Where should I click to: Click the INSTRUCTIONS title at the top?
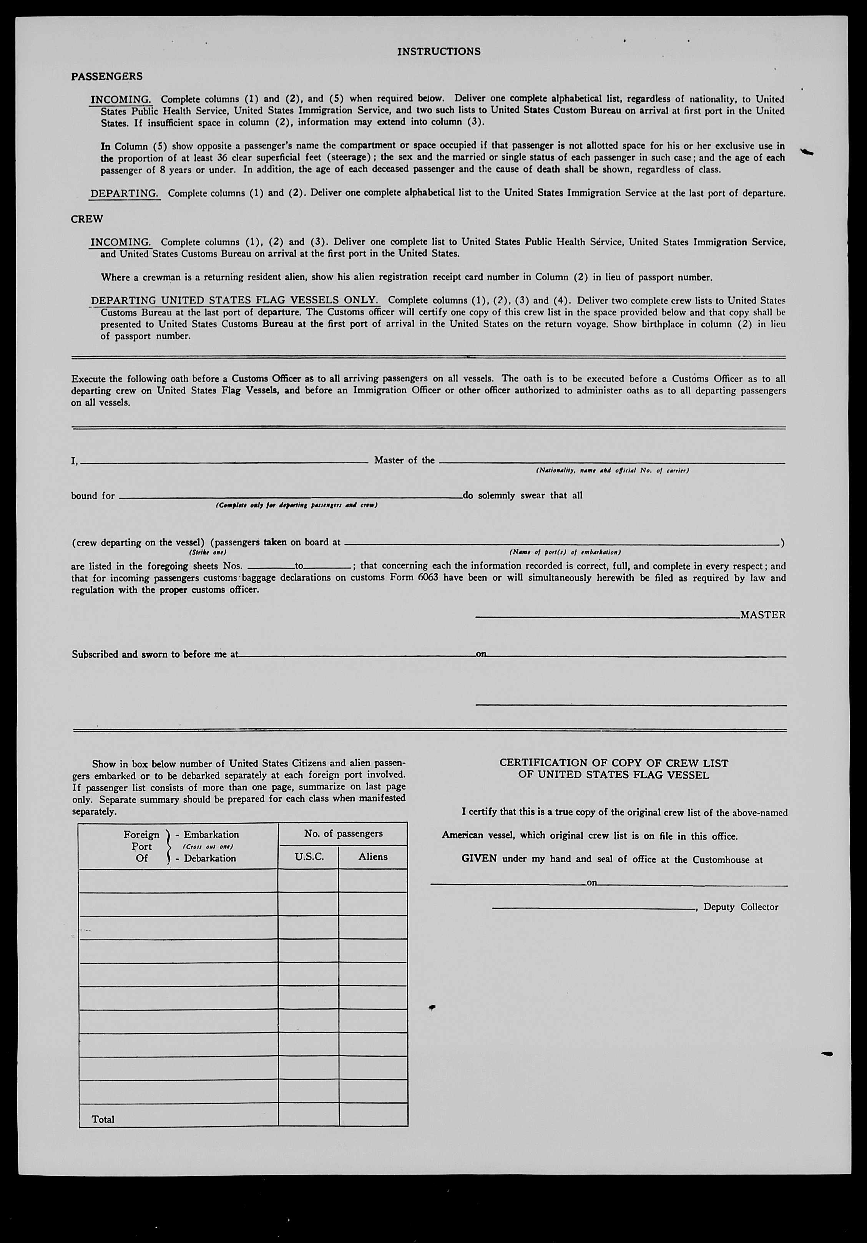pyautogui.click(x=438, y=51)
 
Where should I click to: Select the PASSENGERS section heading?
pyautogui.click(x=107, y=76)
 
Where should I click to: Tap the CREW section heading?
pyautogui.click(x=86, y=219)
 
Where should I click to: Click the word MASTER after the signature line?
pyautogui.click(x=762, y=615)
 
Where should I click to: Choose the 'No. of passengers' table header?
pyautogui.click(x=343, y=834)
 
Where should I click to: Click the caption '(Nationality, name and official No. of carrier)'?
pyautogui.click(x=612, y=471)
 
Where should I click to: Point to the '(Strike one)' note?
pyautogui.click(x=208, y=552)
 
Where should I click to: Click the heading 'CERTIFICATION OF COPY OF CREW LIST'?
pyautogui.click(x=614, y=763)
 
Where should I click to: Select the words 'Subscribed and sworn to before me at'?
pyautogui.click(x=155, y=654)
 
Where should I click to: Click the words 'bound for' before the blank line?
pyautogui.click(x=93, y=496)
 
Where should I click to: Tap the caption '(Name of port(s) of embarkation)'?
pyautogui.click(x=565, y=552)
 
